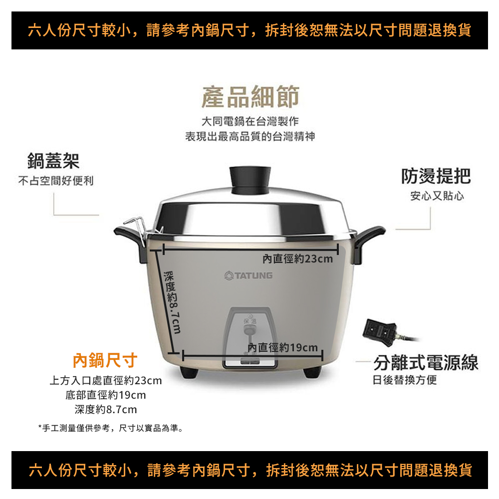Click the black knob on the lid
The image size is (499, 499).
pos(250,180)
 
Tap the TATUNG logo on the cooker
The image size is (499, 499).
pos(249,275)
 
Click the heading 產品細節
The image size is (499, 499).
pos(250,97)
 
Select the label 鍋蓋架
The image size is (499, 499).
pos(53,161)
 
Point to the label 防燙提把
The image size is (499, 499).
pos(436,176)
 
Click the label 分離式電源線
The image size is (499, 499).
pos(426,362)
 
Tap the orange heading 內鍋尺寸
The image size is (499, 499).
pos(105,361)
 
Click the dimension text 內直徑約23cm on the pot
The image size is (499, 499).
pos(297,258)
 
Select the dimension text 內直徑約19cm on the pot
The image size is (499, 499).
pos(282,347)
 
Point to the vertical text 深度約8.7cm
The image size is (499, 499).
pos(172,302)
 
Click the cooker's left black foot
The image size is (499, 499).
pos(189,372)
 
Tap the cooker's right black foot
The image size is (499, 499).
pos(312,372)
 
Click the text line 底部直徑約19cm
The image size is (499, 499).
pos(106,395)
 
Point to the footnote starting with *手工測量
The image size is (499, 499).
pos(111,428)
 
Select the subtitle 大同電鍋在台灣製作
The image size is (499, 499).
pos(250,121)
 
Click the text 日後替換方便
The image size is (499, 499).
pos(405,380)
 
